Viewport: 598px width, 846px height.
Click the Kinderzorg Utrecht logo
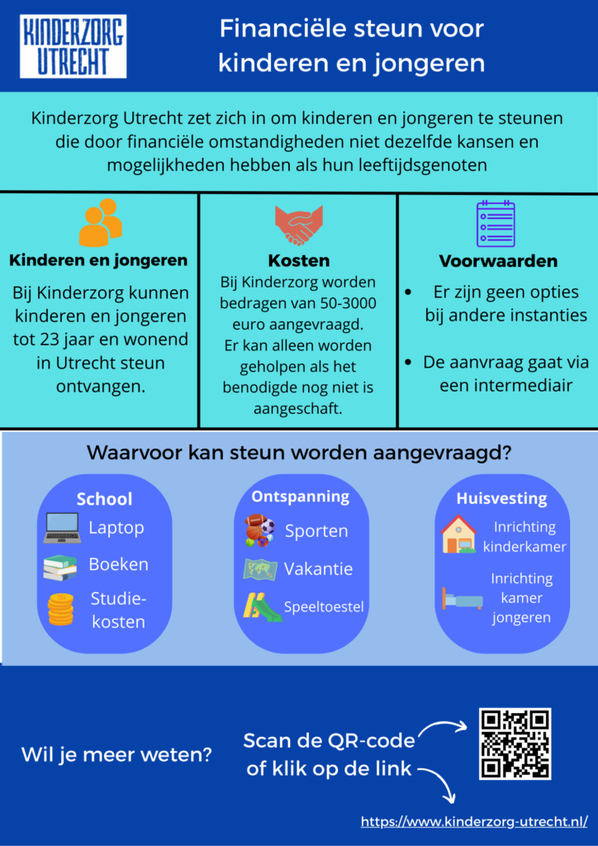pyautogui.click(x=73, y=45)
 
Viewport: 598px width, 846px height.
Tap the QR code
pyautogui.click(x=515, y=744)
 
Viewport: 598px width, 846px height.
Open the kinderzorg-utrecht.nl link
pyautogui.click(x=474, y=822)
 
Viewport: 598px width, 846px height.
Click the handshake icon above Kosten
pyautogui.click(x=298, y=226)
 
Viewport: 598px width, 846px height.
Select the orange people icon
pyautogui.click(x=100, y=222)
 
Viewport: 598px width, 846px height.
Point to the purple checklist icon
pyautogui.click(x=496, y=224)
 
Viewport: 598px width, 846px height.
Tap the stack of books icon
pyautogui.click(x=60, y=568)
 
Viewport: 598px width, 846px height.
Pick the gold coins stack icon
pyautogui.click(x=60, y=609)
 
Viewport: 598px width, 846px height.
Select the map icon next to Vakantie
pyautogui.click(x=259, y=569)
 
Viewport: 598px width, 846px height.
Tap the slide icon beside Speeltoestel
pyautogui.click(x=261, y=607)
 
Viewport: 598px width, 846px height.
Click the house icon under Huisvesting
pyautogui.click(x=458, y=535)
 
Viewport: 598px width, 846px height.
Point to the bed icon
pyautogui.click(x=462, y=598)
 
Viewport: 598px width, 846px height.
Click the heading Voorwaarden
pyautogui.click(x=498, y=261)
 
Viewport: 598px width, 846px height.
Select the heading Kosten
pyautogui.click(x=299, y=261)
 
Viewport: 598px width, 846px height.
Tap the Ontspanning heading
pyautogui.click(x=301, y=497)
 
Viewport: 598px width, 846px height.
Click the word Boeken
pyautogui.click(x=119, y=565)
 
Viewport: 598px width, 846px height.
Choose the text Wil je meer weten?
pyautogui.click(x=116, y=754)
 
